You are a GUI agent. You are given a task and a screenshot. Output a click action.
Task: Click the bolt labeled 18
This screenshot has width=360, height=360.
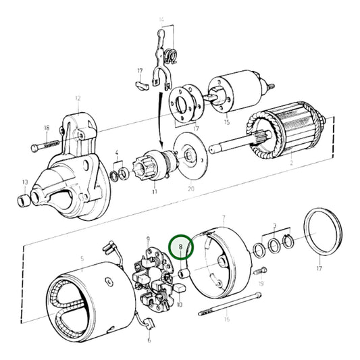pos(43,145)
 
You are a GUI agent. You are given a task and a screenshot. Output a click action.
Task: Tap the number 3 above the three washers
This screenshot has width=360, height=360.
pos(274,224)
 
